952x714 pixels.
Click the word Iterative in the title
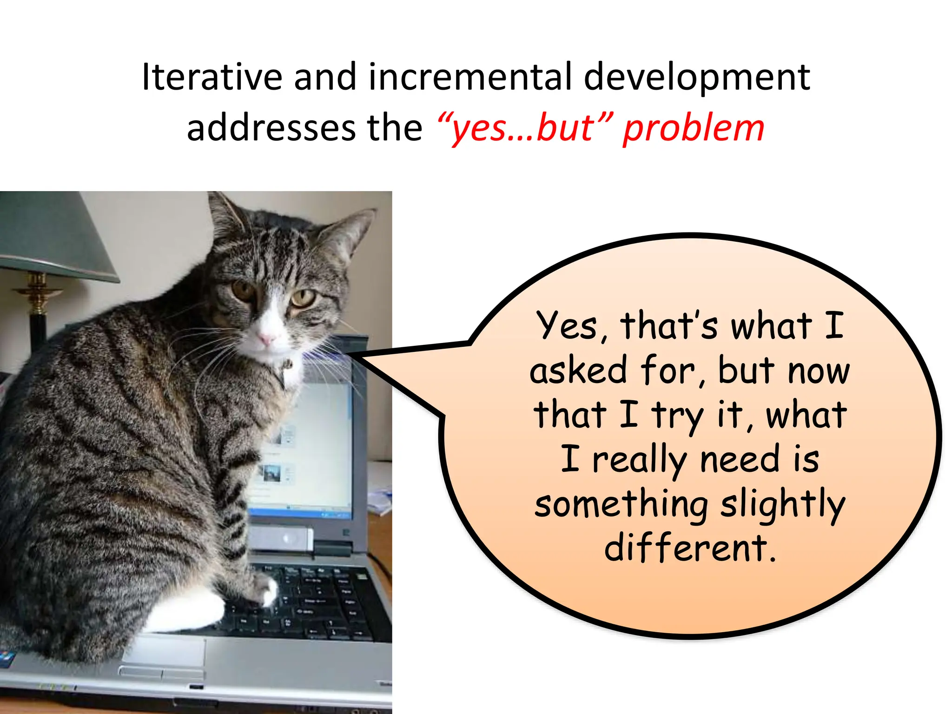click(212, 77)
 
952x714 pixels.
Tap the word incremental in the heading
click(470, 77)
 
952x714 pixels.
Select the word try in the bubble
click(677, 416)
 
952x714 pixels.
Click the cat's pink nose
click(266, 339)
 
